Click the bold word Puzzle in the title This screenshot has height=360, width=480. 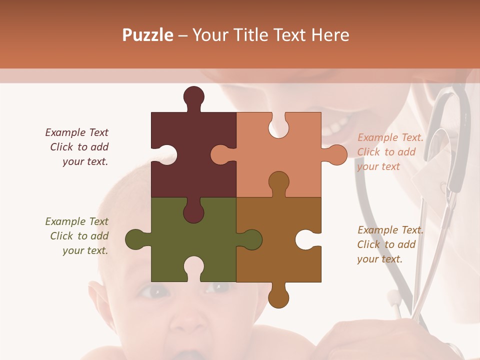[148, 35]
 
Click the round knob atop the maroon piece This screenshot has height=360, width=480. [193, 96]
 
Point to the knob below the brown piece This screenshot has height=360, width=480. [278, 296]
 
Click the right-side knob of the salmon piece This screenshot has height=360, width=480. [336, 155]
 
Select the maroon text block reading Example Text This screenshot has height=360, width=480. [77, 147]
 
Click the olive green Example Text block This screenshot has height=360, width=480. [77, 236]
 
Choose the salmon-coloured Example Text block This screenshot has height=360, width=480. [390, 152]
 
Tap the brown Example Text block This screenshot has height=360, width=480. [390, 244]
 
